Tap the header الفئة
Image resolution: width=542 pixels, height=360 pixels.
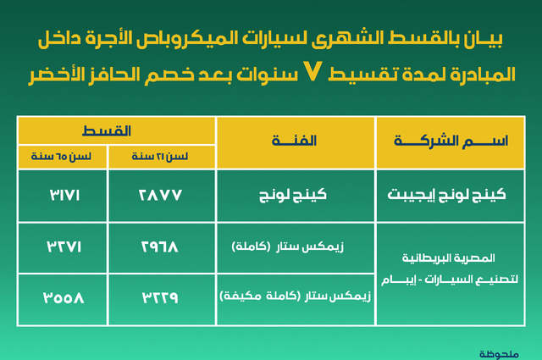click(x=296, y=141)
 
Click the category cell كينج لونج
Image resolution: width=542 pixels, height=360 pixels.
click(x=296, y=194)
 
